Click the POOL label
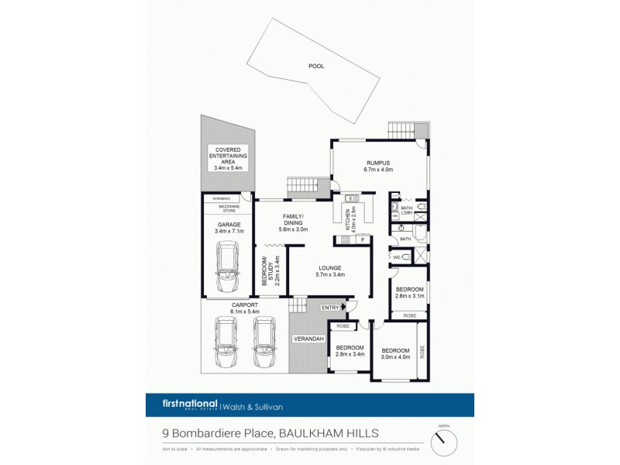(316, 66)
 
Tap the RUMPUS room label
(380, 165)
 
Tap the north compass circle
(444, 442)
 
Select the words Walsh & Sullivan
(250, 406)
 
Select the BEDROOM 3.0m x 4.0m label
(396, 353)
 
